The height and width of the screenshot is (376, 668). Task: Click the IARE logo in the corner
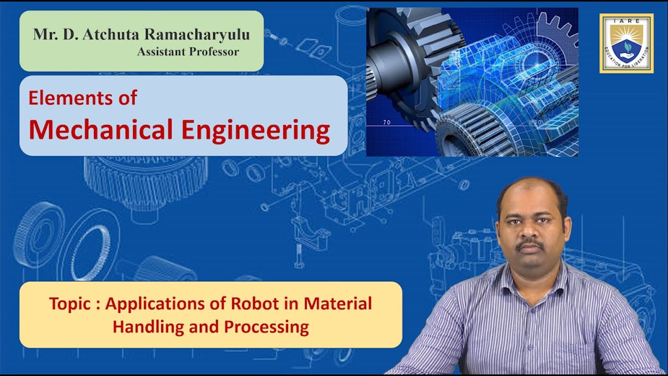coord(626,43)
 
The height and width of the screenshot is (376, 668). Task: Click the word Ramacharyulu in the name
coord(197,35)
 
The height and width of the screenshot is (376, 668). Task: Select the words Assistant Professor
coord(188,52)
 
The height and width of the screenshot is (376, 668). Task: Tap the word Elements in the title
coord(68,98)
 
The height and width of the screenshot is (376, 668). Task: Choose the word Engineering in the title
coord(256,131)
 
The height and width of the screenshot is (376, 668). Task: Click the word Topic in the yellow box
coord(70,304)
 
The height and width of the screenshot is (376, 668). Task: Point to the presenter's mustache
coord(530,244)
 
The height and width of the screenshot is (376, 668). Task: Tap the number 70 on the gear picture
coord(386,123)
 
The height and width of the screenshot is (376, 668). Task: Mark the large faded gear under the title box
coord(146,178)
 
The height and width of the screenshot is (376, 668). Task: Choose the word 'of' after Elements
coord(127,98)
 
